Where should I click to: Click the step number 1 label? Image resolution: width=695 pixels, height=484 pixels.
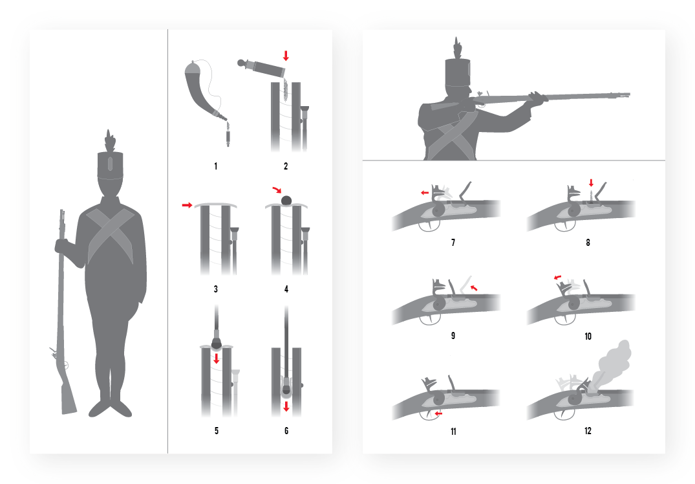pyautogui.click(x=216, y=166)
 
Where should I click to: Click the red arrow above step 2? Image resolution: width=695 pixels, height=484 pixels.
pyautogui.click(x=286, y=56)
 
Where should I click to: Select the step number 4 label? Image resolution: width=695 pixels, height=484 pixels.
pyautogui.click(x=286, y=289)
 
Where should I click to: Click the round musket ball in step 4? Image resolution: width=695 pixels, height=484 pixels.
pyautogui.click(x=286, y=200)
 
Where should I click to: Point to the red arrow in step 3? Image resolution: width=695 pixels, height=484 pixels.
pyautogui.click(x=187, y=205)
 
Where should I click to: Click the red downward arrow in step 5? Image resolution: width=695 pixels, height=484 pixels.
pyautogui.click(x=217, y=358)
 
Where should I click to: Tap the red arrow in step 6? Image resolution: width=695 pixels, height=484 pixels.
pyautogui.click(x=286, y=406)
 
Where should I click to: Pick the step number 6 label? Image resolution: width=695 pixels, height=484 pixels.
pyautogui.click(x=286, y=431)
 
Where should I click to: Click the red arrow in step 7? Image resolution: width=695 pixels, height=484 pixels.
pyautogui.click(x=425, y=193)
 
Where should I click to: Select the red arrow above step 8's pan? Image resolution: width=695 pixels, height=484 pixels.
pyautogui.click(x=591, y=182)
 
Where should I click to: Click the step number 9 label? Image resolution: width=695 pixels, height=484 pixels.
pyautogui.click(x=453, y=336)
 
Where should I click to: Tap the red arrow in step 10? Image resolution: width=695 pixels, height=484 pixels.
pyautogui.click(x=557, y=278)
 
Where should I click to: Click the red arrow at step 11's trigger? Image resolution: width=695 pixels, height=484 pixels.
pyautogui.click(x=438, y=413)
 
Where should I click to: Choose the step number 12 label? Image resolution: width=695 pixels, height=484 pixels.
pyautogui.click(x=588, y=431)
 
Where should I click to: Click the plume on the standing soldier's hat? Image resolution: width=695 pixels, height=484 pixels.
pyautogui.click(x=109, y=141)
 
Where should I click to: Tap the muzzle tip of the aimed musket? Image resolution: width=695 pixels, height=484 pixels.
pyautogui.click(x=628, y=94)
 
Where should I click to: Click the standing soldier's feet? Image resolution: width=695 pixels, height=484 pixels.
pyautogui.click(x=110, y=408)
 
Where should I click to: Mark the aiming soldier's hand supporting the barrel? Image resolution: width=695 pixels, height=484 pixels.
pyautogui.click(x=537, y=98)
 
